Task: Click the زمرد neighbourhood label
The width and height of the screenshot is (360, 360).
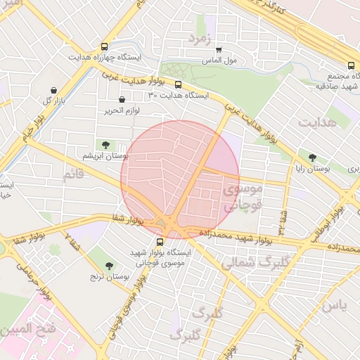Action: coord(200,38)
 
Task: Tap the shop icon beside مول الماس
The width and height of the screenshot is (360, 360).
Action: coord(219,51)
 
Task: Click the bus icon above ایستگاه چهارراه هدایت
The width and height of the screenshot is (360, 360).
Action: coord(105,46)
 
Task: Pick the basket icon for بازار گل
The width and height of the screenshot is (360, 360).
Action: coord(56,90)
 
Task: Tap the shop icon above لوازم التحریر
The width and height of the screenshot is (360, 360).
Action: coord(123,100)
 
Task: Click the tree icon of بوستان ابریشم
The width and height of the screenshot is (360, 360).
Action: coord(106,144)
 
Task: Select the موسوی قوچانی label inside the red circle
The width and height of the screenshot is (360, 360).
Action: coord(242,198)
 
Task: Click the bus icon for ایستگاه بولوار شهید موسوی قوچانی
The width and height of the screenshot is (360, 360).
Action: coord(158,241)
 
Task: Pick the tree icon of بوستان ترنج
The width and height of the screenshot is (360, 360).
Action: coord(108,265)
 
